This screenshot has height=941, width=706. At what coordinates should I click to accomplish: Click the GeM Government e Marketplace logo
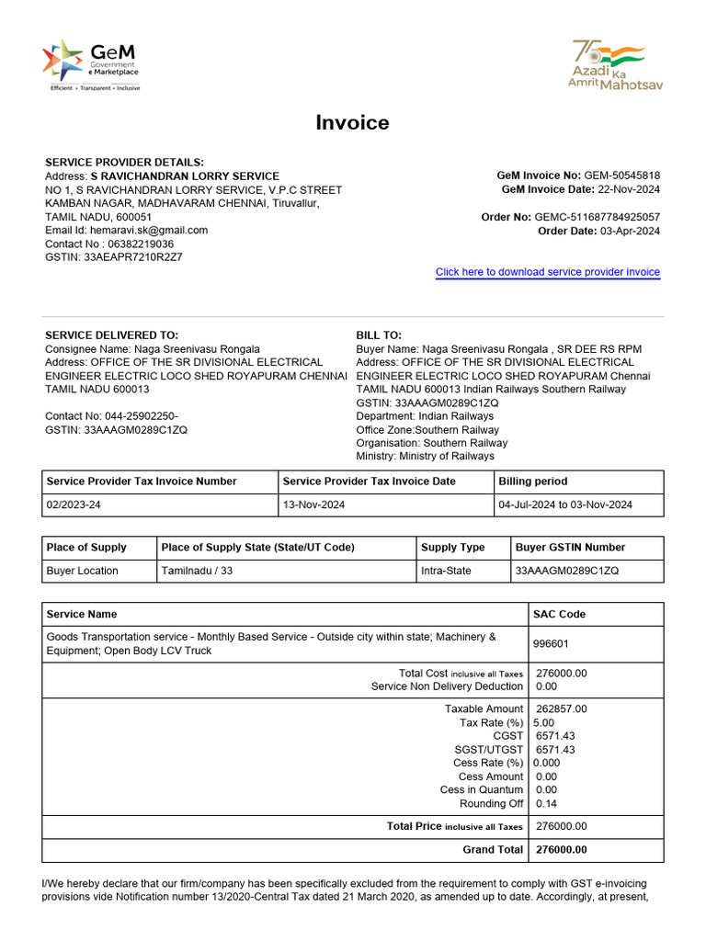(90, 64)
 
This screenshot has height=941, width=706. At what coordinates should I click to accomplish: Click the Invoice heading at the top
(352, 122)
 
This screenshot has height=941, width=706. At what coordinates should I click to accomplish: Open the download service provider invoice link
(547, 272)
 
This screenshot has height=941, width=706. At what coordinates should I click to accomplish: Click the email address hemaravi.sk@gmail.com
(149, 231)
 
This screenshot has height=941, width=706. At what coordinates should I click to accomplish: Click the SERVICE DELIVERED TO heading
(112, 335)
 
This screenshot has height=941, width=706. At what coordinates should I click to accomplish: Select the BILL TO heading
(379, 335)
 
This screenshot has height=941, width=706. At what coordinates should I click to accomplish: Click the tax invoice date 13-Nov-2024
(314, 505)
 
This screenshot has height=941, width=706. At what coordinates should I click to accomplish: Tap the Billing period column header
(533, 482)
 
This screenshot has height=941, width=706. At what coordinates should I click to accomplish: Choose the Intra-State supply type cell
(446, 571)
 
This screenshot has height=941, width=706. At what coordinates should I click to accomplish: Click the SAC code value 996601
(552, 643)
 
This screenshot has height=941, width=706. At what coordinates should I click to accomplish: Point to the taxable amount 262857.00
(561, 709)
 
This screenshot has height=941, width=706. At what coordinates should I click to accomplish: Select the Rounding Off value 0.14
(547, 804)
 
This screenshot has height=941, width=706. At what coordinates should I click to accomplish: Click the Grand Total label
(493, 850)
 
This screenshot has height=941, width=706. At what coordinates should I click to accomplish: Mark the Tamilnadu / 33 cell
(197, 571)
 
